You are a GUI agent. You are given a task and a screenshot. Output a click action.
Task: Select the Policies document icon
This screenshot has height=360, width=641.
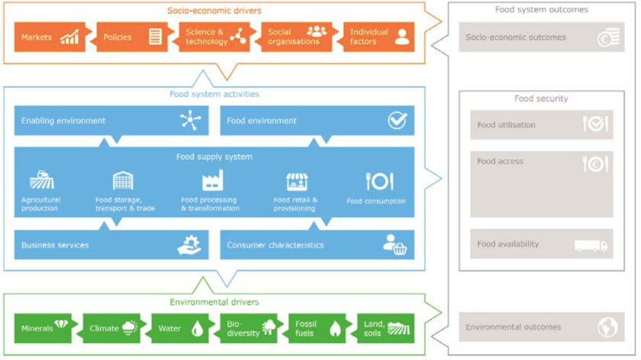[155, 37]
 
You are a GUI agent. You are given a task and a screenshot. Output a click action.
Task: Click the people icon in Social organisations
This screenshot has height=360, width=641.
[316, 32]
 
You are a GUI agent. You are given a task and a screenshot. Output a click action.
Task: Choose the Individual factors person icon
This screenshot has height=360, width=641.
[401, 37]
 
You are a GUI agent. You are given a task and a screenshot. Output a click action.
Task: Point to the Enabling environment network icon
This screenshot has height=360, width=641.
[188, 121]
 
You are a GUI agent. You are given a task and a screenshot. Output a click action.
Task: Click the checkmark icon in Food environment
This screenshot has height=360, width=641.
[397, 121]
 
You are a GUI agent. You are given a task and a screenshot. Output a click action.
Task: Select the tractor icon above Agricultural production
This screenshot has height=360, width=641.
[41, 180]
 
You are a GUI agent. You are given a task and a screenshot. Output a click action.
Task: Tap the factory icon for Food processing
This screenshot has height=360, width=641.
[212, 181]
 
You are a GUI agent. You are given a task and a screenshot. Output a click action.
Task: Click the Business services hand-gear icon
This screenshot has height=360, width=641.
[188, 245]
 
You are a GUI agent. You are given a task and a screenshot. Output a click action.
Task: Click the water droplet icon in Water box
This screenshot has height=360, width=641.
[198, 329]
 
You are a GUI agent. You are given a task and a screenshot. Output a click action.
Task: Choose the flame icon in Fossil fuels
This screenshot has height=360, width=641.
[335, 329]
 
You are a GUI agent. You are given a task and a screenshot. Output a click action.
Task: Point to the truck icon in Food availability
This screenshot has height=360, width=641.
[591, 245]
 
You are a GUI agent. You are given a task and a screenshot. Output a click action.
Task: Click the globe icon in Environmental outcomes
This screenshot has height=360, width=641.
[607, 327]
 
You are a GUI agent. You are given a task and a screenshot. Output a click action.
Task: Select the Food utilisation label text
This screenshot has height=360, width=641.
[506, 125]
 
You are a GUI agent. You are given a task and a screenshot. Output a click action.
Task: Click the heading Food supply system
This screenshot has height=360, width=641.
[214, 157]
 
